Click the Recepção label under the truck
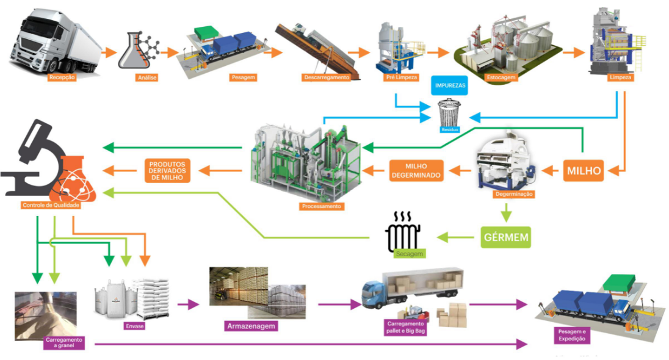point(62,77)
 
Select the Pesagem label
point(243,77)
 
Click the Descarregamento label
point(327,77)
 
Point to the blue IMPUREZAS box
point(450,85)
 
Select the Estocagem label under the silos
point(501,77)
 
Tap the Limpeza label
point(620,77)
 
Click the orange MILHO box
point(584,171)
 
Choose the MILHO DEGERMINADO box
point(416,171)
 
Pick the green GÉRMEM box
point(506,237)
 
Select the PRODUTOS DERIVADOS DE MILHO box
point(167,171)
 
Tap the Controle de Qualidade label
point(51,205)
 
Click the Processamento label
point(321,206)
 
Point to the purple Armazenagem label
point(251,326)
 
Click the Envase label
point(134,326)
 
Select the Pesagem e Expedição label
point(572,335)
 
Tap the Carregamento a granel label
point(64,342)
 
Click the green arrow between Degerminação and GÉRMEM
point(506,212)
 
